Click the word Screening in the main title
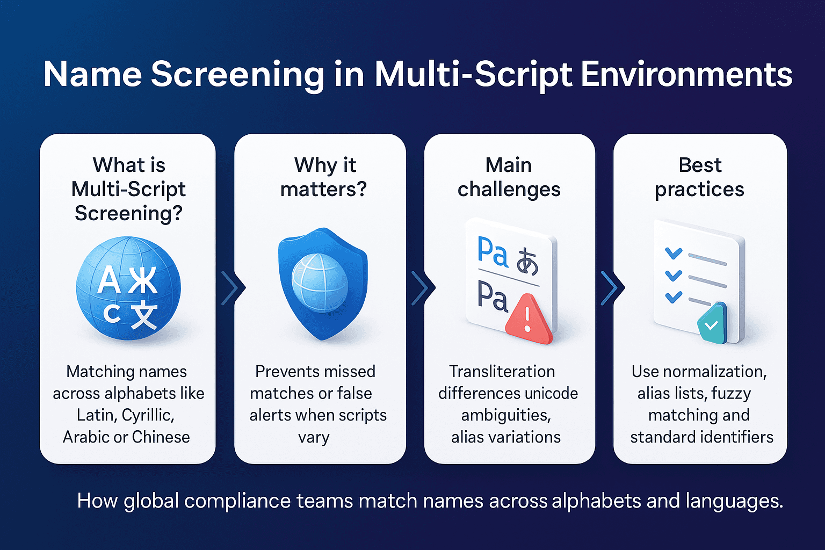[237, 74]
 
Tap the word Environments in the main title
[686, 74]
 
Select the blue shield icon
[322, 283]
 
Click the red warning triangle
[527, 319]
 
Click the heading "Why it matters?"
[323, 177]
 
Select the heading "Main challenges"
[509, 177]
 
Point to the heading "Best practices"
[699, 177]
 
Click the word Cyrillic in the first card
[148, 415]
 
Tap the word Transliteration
[502, 371]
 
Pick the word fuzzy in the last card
[731, 393]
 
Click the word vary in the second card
[314, 437]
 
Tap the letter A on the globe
[108, 281]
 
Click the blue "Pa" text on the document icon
[493, 252]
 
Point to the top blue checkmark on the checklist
[674, 252]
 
